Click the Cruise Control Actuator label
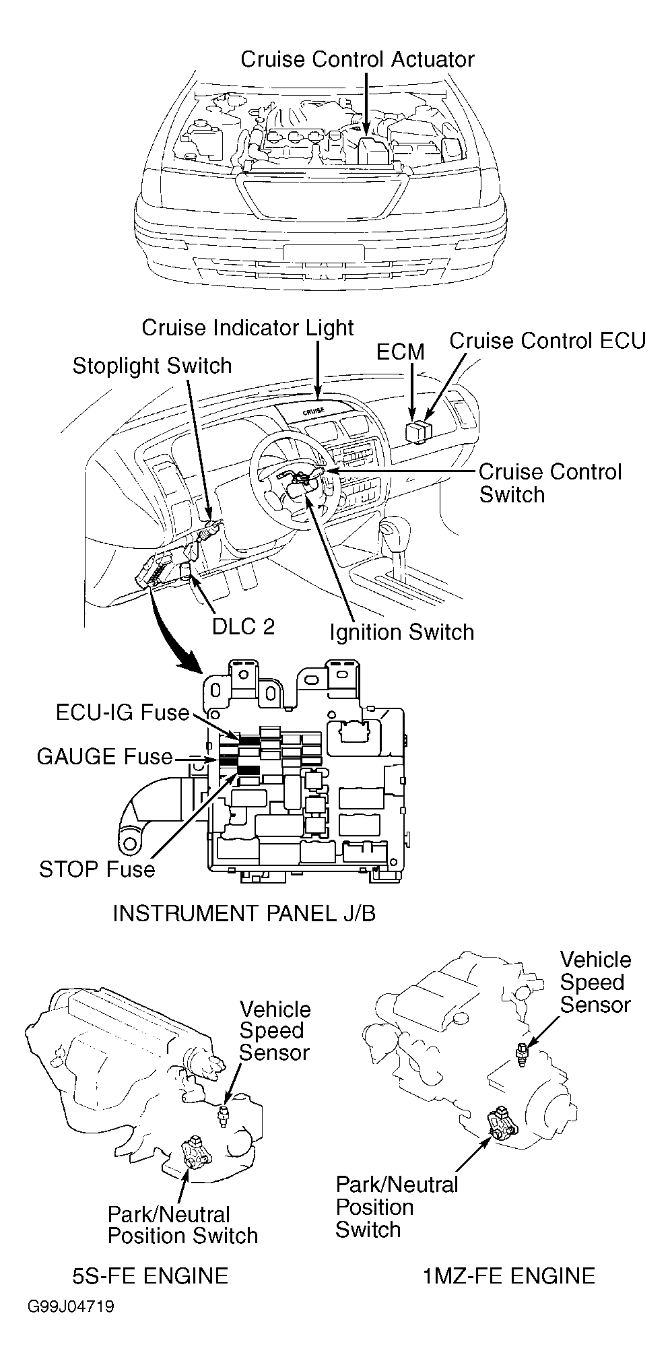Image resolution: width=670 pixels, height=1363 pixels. tap(358, 59)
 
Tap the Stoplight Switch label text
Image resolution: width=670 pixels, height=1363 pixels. tap(152, 366)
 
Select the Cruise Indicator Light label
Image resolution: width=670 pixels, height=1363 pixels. tap(248, 328)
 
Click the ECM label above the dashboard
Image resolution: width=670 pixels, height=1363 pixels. tap(401, 352)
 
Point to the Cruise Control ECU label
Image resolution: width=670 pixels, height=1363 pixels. tap(547, 340)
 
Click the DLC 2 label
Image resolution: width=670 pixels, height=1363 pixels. tap(243, 626)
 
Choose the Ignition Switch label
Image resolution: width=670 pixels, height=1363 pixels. tap(402, 632)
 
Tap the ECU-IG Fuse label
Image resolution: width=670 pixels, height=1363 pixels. tap(123, 712)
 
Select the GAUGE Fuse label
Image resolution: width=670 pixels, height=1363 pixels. tap(104, 757)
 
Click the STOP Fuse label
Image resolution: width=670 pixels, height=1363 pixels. tap(97, 869)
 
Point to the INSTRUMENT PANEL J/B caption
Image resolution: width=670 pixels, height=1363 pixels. tap(244, 913)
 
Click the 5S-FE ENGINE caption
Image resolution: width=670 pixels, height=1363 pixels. tap(150, 1275)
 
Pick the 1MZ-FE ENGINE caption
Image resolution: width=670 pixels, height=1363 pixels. tap(510, 1275)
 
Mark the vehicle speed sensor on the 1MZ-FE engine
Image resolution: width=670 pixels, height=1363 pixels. tap(521, 1055)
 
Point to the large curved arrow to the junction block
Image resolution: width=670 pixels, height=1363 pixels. tap(168, 630)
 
